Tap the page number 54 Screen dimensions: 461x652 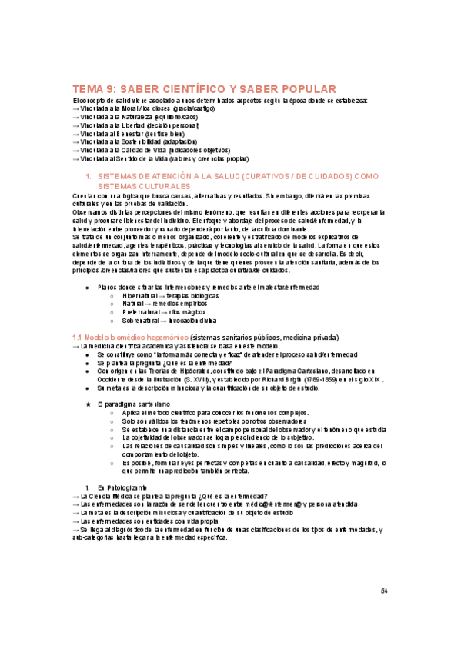[x=385, y=590]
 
